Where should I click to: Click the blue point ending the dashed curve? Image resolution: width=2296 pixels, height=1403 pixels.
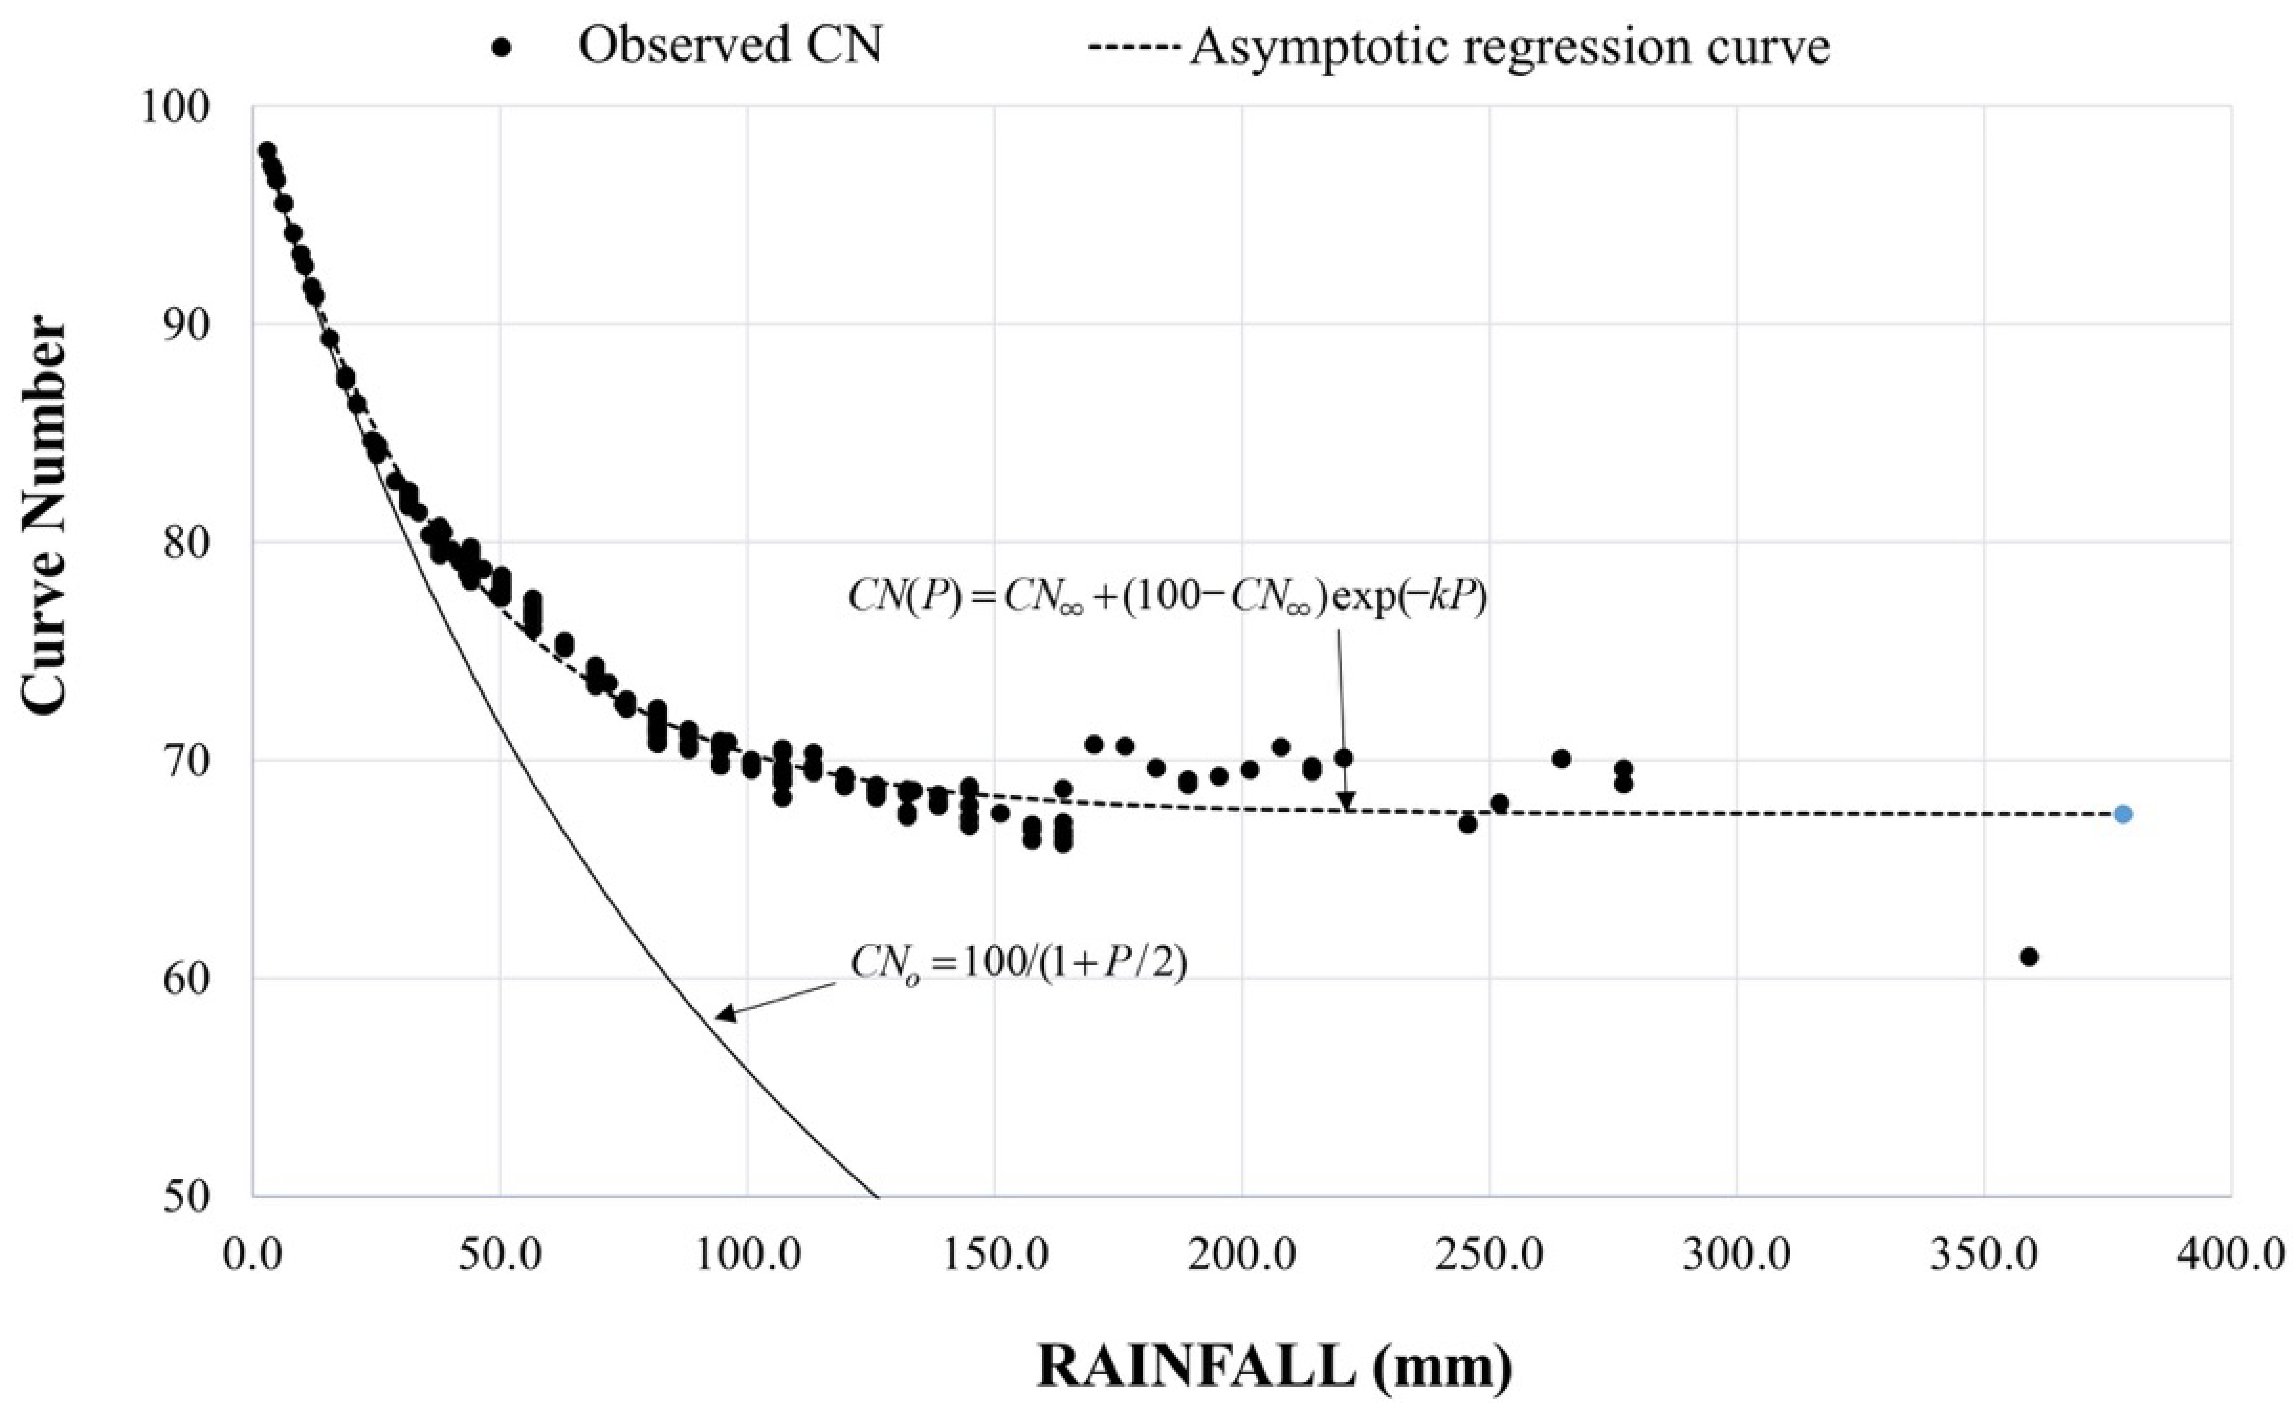tap(2123, 814)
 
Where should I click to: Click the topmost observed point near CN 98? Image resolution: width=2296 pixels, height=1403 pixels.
tap(267, 151)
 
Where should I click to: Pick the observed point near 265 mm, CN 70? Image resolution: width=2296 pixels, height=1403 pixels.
tap(1562, 758)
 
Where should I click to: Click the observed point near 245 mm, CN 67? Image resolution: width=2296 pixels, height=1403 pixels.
tap(1468, 824)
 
